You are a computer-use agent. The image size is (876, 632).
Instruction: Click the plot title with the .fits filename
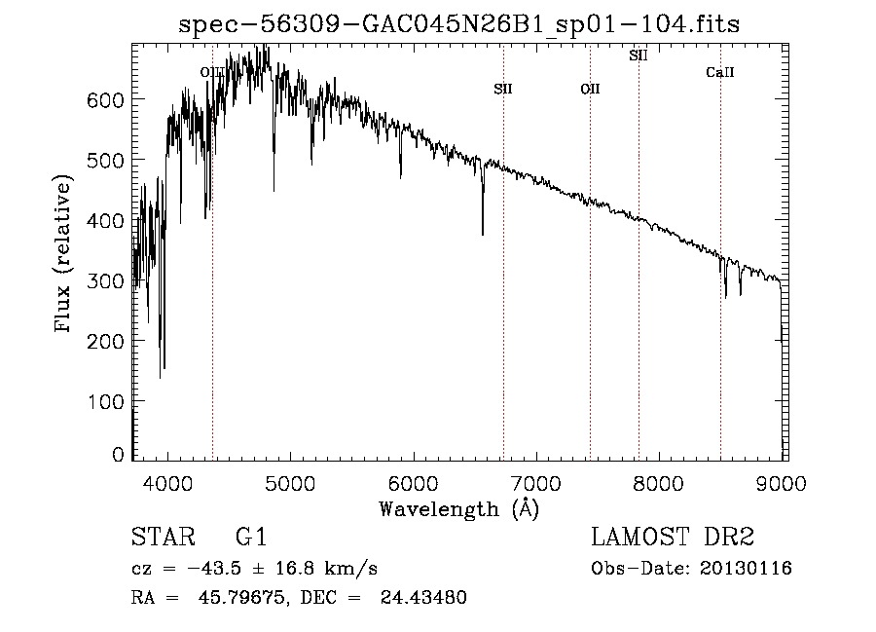(x=459, y=24)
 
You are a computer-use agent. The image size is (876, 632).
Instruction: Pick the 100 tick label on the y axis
(x=110, y=401)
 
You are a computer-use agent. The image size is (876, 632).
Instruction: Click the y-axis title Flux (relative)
(x=64, y=255)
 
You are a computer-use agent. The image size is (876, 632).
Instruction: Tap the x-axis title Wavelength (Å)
(x=458, y=509)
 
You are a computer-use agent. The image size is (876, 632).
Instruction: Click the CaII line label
(x=720, y=73)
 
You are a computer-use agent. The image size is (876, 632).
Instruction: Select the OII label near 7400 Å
(x=590, y=90)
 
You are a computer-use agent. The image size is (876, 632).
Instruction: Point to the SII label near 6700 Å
(x=503, y=89)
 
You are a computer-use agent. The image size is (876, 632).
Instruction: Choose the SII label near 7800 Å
(x=639, y=56)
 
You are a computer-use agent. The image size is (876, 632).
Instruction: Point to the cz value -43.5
(x=216, y=568)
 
